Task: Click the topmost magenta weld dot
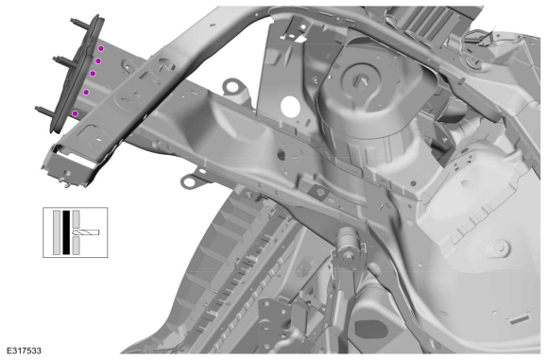click(101, 48)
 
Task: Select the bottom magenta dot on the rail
click(75, 113)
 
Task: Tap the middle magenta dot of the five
click(93, 74)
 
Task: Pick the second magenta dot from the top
click(98, 61)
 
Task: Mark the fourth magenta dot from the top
click(86, 92)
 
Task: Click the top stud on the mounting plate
click(78, 23)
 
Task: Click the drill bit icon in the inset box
click(86, 232)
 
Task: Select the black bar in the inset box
click(66, 232)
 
